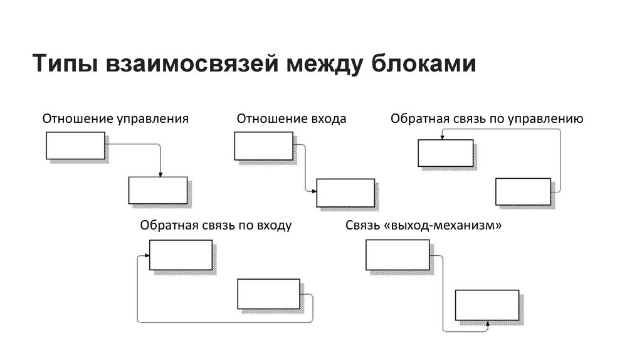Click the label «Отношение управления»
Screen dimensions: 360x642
(115, 118)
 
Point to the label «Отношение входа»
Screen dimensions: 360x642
(291, 118)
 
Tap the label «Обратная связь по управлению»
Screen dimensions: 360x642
(487, 118)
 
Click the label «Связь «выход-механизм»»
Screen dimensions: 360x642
(423, 225)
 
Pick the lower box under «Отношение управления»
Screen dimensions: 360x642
(157, 191)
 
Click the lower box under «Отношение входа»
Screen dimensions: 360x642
(345, 193)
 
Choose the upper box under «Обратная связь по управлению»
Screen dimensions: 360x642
(445, 152)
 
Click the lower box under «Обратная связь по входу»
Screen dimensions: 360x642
(268, 294)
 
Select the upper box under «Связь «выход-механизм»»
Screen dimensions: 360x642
(397, 255)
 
